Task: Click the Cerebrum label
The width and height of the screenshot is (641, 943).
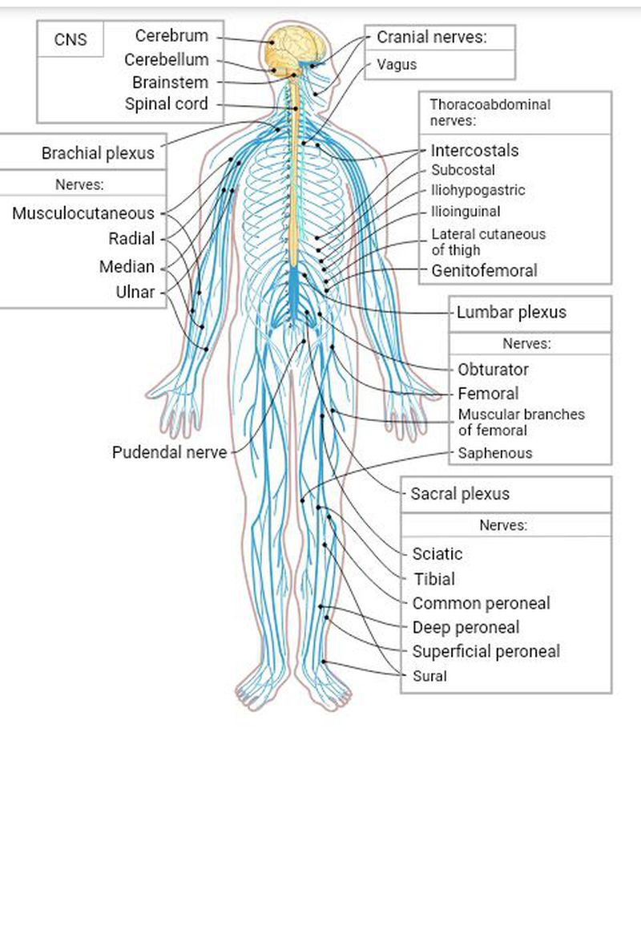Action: pos(171,36)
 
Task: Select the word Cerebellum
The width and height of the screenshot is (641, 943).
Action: pos(166,60)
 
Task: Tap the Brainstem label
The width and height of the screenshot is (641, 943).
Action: pos(170,83)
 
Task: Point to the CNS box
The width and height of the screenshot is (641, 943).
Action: pos(71,40)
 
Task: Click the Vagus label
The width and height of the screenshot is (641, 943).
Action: pos(397,65)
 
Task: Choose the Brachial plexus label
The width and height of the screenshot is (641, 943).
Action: pos(98,153)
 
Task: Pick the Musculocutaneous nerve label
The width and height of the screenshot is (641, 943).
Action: pos(83,214)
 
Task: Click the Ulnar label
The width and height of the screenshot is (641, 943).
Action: pos(135,292)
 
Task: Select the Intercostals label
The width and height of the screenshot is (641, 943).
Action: pos(474,151)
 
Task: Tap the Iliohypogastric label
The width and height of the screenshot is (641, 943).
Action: pos(478,191)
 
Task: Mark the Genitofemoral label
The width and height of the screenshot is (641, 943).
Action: pos(484,271)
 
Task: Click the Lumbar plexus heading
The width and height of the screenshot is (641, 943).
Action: pos(511,313)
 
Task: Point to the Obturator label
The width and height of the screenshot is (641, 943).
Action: pos(493,370)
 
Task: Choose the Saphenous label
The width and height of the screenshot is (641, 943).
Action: pos(494,453)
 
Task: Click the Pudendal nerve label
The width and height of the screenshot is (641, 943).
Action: pos(169,452)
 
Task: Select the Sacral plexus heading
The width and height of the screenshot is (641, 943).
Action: pos(460,494)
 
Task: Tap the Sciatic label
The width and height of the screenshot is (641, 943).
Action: pos(437,554)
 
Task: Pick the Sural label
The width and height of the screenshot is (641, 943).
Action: pos(429,676)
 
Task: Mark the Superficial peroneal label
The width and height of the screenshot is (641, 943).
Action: pos(486,651)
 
